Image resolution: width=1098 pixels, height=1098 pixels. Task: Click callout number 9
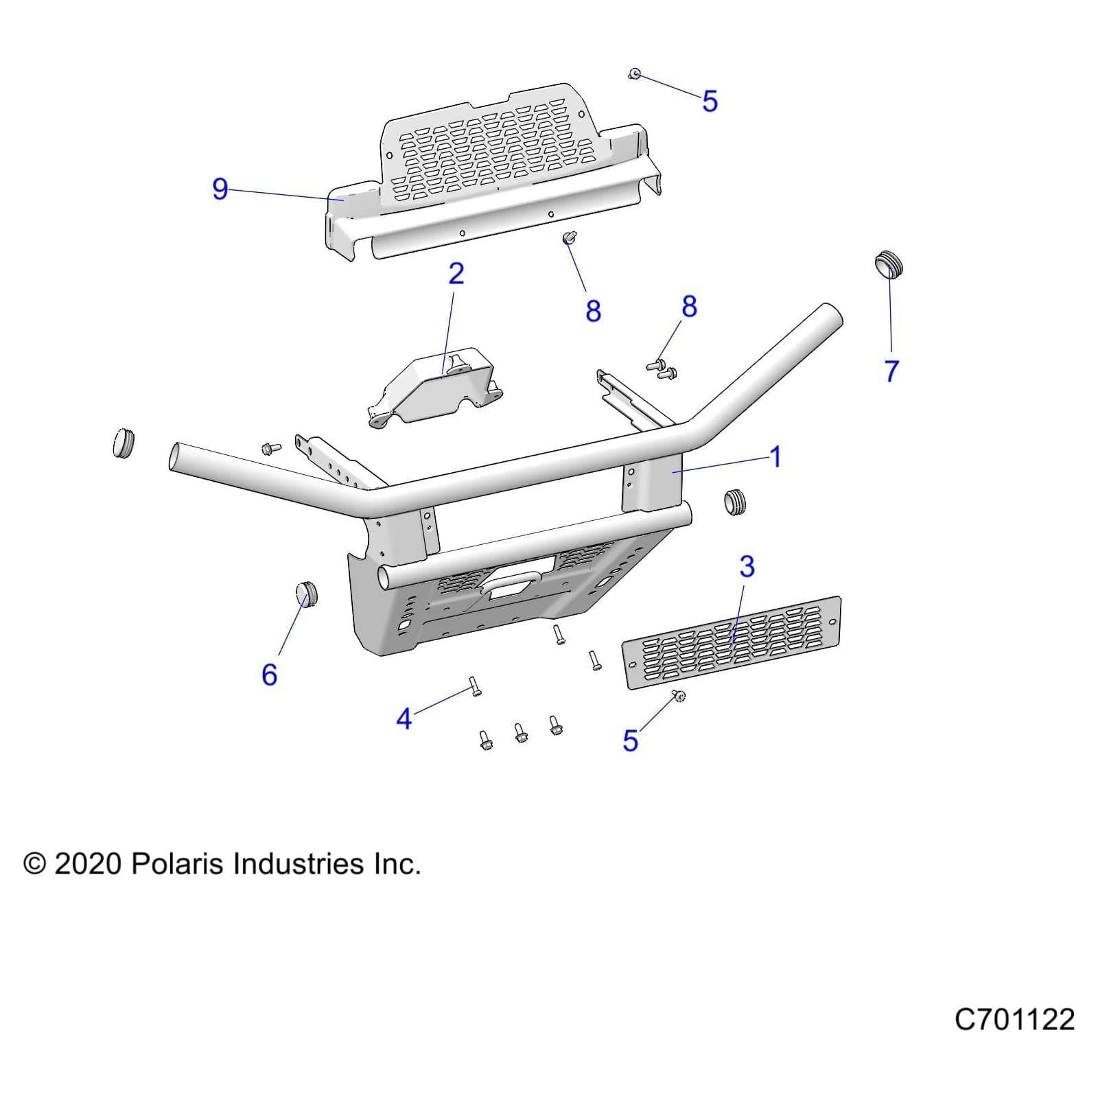pos(220,189)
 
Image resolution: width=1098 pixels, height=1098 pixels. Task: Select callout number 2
pos(456,274)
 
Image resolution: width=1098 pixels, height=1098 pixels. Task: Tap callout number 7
pos(891,371)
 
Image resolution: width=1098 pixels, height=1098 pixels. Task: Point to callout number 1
pos(775,456)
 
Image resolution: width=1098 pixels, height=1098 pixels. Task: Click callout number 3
pos(747,567)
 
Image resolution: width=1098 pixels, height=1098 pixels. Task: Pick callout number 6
pos(269,675)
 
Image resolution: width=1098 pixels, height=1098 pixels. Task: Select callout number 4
pos(404,719)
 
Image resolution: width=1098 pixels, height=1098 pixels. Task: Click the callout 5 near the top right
pos(710,101)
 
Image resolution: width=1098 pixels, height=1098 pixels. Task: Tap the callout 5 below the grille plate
pos(630,740)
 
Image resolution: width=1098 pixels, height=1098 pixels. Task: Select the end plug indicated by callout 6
pos(307,594)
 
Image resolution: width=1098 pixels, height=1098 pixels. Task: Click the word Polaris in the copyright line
pos(178,863)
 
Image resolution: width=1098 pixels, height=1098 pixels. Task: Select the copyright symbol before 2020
pos(34,863)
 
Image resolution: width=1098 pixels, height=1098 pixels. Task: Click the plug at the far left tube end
pos(123,443)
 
